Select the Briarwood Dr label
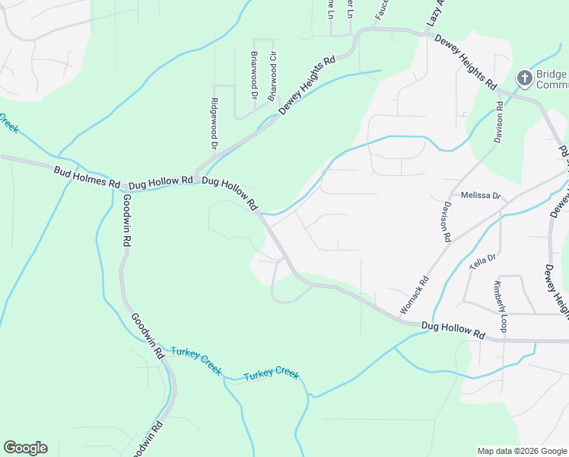[x=254, y=75]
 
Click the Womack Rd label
[x=415, y=296]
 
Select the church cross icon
[x=524, y=78]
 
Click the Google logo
[x=25, y=448]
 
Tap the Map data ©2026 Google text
[x=521, y=451]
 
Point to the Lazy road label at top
[x=434, y=15]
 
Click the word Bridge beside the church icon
[x=552, y=74]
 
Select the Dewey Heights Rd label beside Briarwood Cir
[x=307, y=85]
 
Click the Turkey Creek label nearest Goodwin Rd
[x=196, y=360]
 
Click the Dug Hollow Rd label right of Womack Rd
[x=453, y=330]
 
